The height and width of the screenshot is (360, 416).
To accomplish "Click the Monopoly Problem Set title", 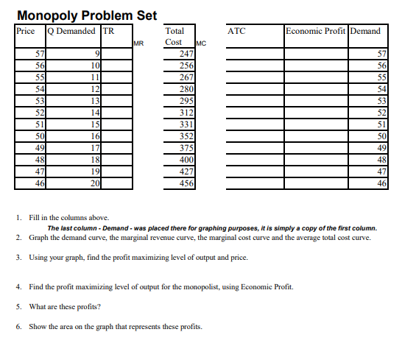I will (86, 15).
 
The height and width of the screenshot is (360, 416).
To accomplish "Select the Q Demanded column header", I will (71, 31).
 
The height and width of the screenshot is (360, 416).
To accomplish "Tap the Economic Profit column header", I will (316, 31).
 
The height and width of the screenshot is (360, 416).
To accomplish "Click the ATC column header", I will (237, 31).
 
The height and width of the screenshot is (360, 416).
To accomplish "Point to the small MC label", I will (202, 46).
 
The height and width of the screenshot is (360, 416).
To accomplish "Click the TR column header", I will (108, 31).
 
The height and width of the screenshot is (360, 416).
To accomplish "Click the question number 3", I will (18, 259).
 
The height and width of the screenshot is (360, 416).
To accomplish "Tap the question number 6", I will (18, 327).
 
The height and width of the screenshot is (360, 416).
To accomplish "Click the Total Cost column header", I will (175, 37).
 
